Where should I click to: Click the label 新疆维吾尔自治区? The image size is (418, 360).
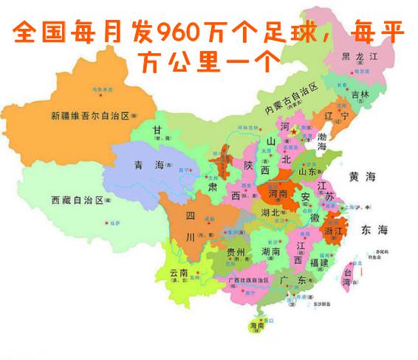pos(90,116)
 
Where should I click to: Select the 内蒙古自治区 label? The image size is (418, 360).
pos(292,100)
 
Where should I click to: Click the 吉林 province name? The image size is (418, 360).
pos(360,95)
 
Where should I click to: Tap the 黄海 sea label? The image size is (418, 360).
pos(363,177)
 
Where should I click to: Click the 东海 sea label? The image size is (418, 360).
pos(373,231)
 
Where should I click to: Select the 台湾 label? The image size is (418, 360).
pos(346,275)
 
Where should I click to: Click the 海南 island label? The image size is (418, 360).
pos(256,326)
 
